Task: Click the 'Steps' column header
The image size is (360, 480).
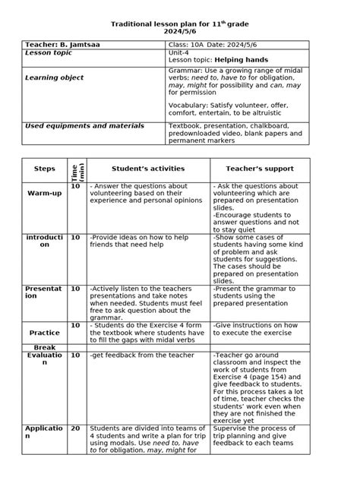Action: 45,168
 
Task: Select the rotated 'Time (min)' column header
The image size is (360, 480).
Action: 76,169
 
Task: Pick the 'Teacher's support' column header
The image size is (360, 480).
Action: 259,168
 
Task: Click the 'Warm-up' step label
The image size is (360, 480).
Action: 44,194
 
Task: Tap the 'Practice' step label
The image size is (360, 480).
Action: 45,333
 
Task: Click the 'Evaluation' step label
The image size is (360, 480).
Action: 45,359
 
